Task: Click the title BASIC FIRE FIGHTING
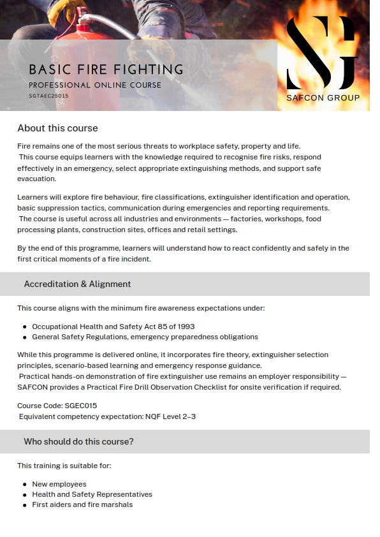point(106,70)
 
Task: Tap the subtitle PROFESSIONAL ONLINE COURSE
point(95,85)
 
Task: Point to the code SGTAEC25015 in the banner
point(48,96)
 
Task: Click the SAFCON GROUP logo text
point(323,98)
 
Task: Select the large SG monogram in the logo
point(321,53)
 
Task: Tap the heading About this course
point(57,128)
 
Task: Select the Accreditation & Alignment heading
point(77,284)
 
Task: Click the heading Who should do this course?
point(78,441)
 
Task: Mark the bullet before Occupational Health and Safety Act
point(25,327)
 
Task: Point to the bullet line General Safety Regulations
point(145,337)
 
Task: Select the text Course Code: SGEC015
point(57,405)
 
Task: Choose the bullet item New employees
point(59,484)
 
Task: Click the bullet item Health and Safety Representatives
point(92,494)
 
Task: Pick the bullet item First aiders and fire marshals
point(82,504)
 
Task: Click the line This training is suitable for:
point(64,466)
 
